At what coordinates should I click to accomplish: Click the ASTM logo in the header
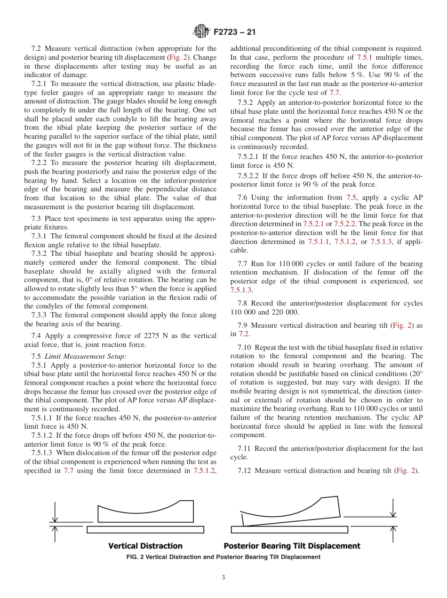tap(202, 32)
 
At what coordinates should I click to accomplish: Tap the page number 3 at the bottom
tap(223, 578)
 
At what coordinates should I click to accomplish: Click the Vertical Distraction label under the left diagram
tap(145, 546)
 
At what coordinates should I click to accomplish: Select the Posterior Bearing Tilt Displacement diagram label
tap(291, 546)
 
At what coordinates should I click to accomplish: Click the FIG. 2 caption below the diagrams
tap(223, 557)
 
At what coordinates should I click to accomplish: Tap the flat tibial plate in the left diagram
tap(145, 530)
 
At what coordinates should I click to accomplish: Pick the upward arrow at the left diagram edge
tap(55, 533)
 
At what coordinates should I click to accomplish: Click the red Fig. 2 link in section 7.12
tap(405, 471)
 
